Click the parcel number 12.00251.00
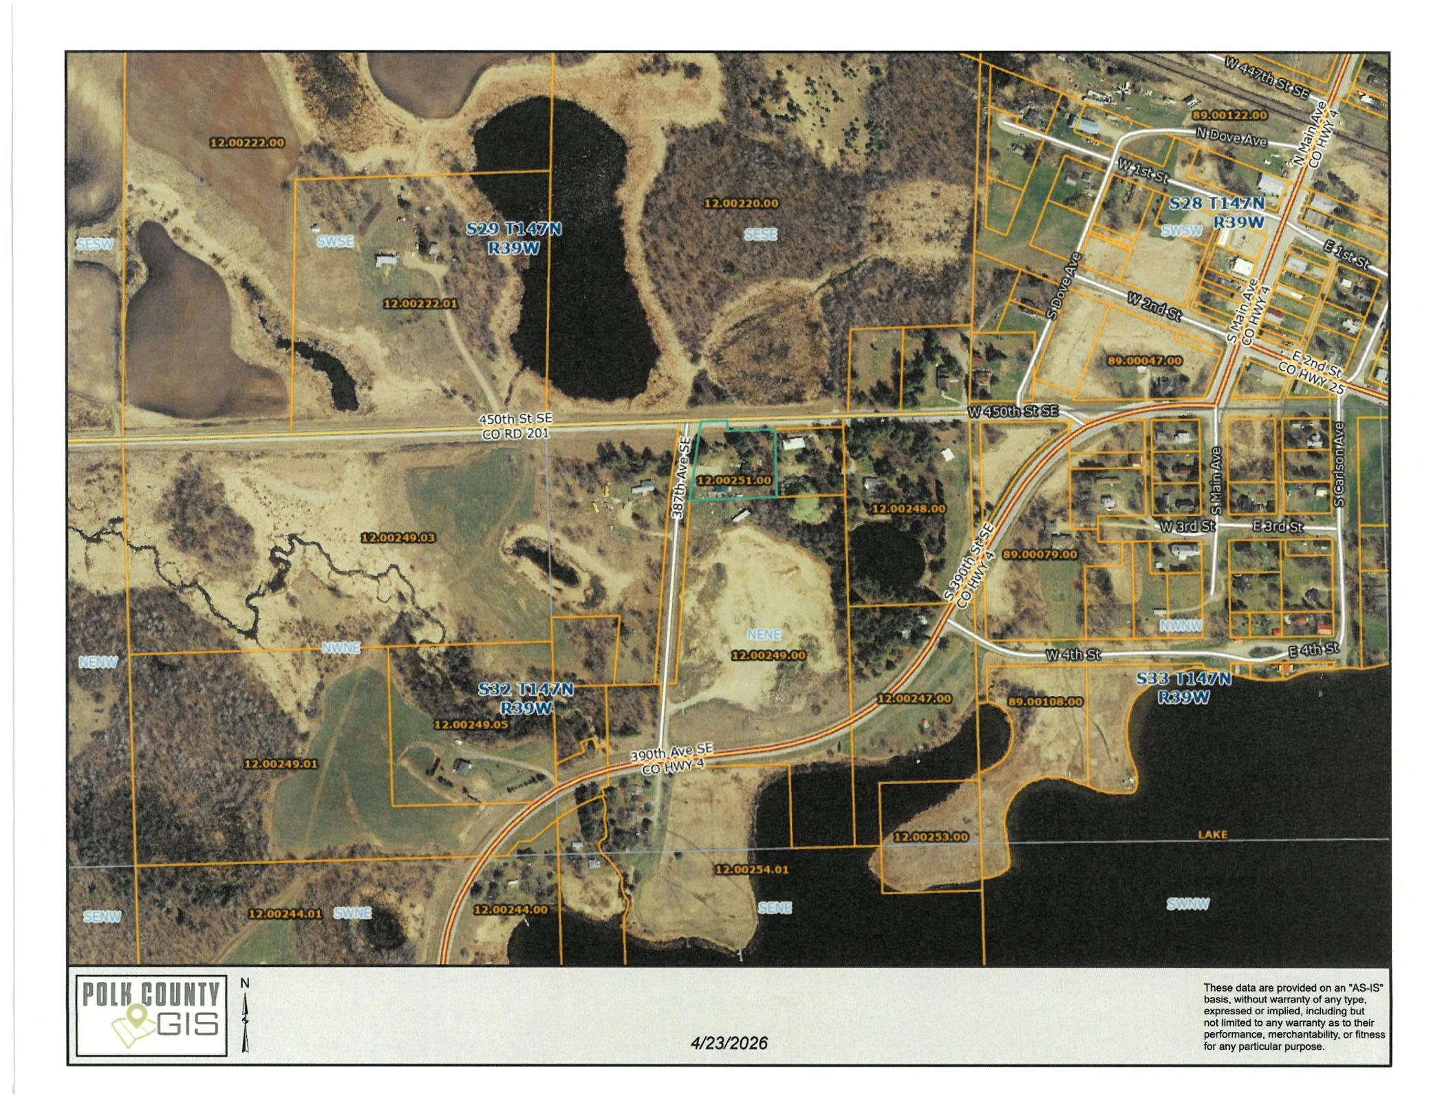pyautogui.click(x=734, y=481)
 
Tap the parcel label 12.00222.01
pyautogui.click(x=420, y=303)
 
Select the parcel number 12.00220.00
pyautogui.click(x=741, y=204)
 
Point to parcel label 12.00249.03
pyautogui.click(x=398, y=538)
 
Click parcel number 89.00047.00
pyautogui.click(x=1145, y=361)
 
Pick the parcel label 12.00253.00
pyautogui.click(x=931, y=838)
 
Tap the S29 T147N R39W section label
pyautogui.click(x=514, y=238)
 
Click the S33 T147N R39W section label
pyautogui.click(x=1183, y=688)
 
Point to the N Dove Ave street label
pyautogui.click(x=1231, y=138)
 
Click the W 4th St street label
pyautogui.click(x=1073, y=655)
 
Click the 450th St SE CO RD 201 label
pyautogui.click(x=515, y=426)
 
